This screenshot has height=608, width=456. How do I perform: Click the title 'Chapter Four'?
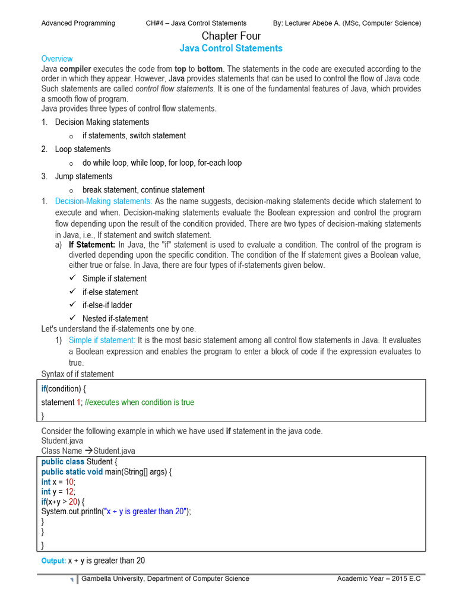tap(231, 36)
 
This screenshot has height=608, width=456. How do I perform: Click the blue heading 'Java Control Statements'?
tap(231, 48)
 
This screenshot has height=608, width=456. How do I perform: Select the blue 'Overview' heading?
tap(57, 59)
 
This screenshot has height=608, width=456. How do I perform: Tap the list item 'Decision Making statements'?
tap(102, 122)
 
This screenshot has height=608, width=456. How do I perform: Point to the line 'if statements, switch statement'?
tap(134, 135)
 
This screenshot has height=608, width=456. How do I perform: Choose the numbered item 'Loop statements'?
tap(83, 149)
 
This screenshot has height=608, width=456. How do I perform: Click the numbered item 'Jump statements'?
tap(83, 176)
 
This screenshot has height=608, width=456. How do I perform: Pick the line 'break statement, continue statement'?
tap(143, 190)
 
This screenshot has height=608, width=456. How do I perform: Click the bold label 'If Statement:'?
tap(92, 244)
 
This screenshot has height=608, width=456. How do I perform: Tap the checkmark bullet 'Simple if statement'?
tap(114, 278)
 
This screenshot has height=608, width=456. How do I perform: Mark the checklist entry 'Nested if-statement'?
tap(115, 318)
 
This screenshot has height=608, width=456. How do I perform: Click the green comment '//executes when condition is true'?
tap(140, 402)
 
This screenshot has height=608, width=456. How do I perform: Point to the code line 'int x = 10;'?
tap(59, 482)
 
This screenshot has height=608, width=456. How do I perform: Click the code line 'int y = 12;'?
tap(59, 492)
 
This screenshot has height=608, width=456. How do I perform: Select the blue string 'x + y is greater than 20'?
tap(146, 511)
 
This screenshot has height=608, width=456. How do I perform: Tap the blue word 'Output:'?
tap(53, 560)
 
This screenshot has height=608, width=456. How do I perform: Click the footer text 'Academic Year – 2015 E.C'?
tap(378, 578)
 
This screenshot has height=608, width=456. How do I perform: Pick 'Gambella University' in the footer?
tap(113, 578)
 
